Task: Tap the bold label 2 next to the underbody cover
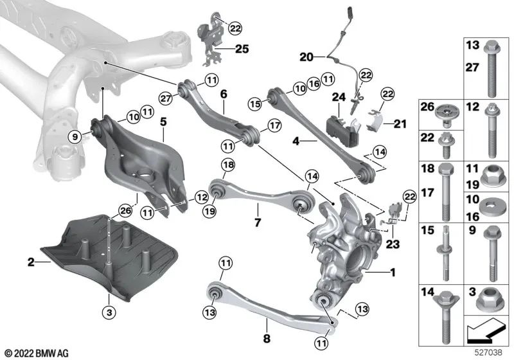[30, 262]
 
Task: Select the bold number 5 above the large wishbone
[163, 121]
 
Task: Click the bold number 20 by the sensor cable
[306, 57]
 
